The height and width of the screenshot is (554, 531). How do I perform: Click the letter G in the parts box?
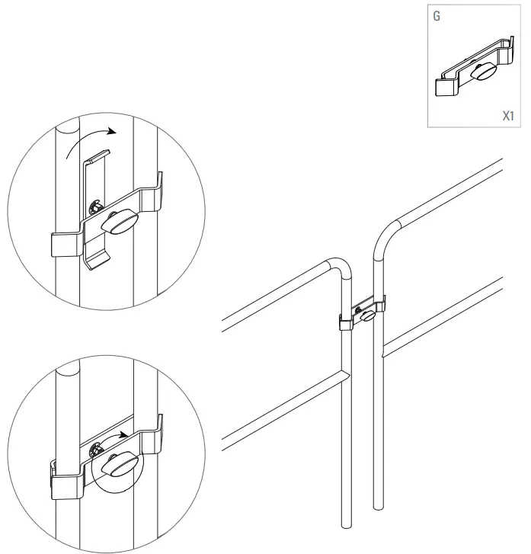436,15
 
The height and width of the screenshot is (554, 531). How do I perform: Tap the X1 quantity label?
508,117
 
